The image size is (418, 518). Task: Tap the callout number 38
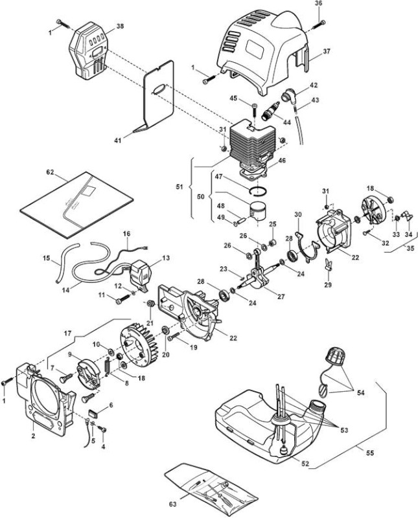[120, 26]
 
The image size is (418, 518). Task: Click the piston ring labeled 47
[259, 190]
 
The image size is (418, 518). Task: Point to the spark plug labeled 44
[271, 111]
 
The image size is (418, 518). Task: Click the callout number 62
[50, 172]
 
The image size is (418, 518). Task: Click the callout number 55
[371, 453]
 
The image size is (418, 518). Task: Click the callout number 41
[118, 141]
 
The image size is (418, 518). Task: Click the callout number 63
[172, 504]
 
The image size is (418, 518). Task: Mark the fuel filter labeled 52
[283, 451]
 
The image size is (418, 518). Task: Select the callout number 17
[67, 333]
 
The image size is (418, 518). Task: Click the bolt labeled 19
[175, 337]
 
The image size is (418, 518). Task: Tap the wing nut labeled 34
[407, 216]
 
